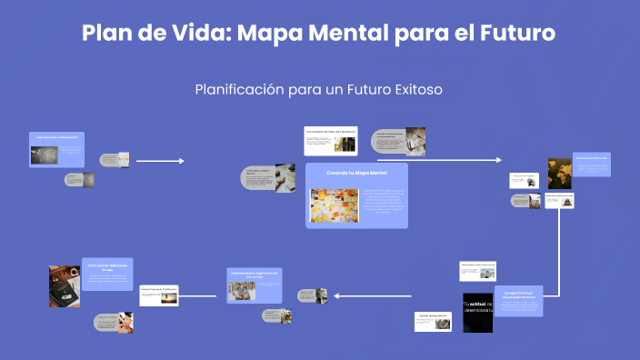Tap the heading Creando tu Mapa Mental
356,173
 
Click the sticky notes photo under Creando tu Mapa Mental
335,205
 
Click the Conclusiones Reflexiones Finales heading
107,266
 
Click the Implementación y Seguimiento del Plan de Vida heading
255,274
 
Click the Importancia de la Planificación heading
57,136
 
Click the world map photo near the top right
559,173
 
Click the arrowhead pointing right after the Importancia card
182,161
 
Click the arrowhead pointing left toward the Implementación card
336,295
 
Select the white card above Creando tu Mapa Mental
330,140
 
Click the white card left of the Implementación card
158,295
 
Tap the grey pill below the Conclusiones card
113,322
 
